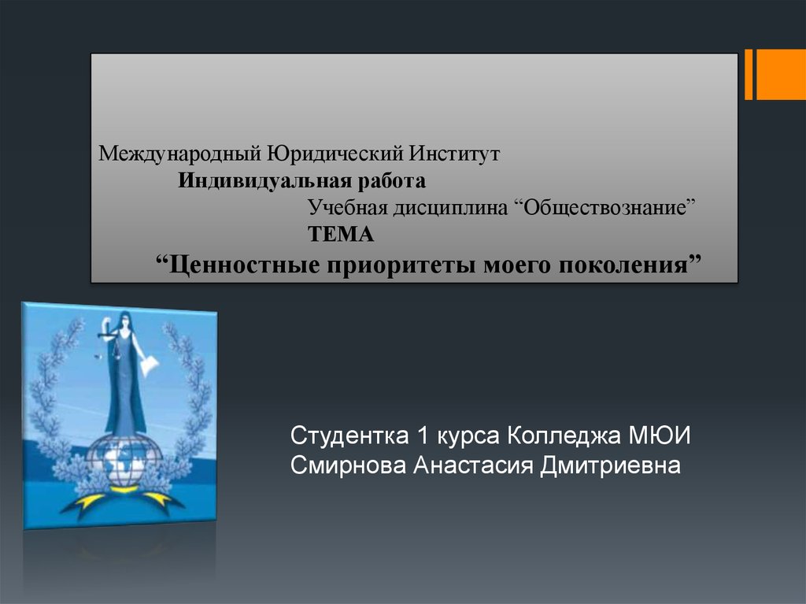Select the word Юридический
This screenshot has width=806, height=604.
335,154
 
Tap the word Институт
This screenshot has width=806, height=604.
454,153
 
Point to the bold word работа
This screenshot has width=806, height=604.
392,181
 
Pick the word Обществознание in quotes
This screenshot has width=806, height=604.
604,207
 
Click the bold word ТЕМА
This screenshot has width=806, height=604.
341,235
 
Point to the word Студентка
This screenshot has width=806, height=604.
349,435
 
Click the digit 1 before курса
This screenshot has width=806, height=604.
423,435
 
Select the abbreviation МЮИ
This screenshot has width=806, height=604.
660,435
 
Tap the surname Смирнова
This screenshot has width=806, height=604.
349,465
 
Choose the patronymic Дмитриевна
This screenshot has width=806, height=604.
610,465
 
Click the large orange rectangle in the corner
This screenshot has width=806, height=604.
781,75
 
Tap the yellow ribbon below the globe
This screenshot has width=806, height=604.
124,496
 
